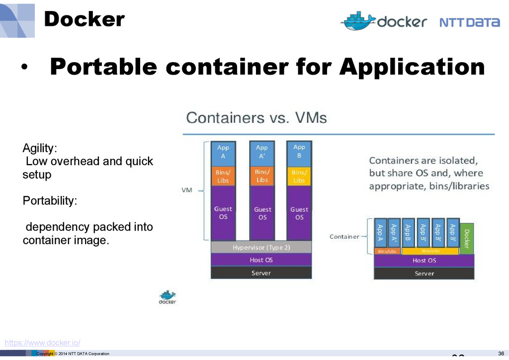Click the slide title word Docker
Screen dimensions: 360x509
coord(84,19)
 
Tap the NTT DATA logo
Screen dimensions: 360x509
coord(469,22)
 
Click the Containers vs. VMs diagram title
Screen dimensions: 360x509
coord(256,118)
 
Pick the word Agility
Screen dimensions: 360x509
coord(40,148)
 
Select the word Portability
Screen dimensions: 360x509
coord(50,201)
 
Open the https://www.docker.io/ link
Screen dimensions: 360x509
coord(42,343)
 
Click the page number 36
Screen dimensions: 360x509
coord(501,354)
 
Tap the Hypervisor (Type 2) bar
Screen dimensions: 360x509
coord(261,247)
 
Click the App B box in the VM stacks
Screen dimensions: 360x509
coord(299,152)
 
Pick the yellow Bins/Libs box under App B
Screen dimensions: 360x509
coord(299,176)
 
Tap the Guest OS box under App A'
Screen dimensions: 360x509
coord(262,213)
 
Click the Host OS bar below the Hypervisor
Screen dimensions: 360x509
coord(261,260)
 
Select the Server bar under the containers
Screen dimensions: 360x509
coord(424,273)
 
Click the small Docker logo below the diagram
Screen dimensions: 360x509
coord(167,297)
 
